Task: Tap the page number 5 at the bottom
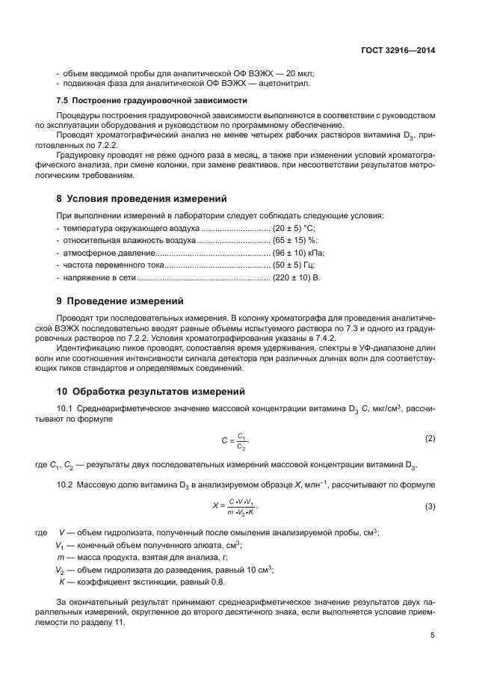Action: tap(433, 636)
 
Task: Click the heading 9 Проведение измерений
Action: tap(120, 301)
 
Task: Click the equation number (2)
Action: tap(430, 437)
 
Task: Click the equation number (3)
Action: tap(430, 507)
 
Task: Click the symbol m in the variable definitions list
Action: tap(60, 558)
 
